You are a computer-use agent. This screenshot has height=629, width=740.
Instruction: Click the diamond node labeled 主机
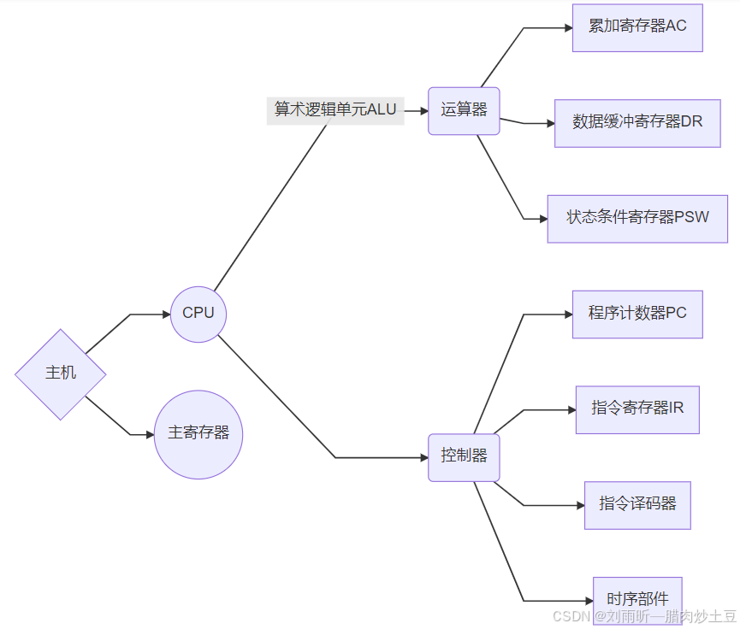coord(61,373)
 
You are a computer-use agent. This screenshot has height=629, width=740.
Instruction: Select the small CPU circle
coord(198,314)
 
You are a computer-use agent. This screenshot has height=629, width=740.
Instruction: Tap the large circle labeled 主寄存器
coord(198,433)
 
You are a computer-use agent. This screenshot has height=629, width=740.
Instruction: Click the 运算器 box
coord(464,110)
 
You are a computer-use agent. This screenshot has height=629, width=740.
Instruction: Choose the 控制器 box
coord(464,456)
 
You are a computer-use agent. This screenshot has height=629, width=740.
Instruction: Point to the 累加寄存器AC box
coord(637,26)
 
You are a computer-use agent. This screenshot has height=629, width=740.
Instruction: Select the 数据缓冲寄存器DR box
coord(637,122)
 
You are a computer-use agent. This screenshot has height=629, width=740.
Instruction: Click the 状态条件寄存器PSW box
coord(637,218)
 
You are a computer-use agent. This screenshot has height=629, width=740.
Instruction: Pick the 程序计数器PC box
coord(637,314)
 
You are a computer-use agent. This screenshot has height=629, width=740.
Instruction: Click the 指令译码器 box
coord(637,504)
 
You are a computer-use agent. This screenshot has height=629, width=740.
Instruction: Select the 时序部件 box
coord(637,599)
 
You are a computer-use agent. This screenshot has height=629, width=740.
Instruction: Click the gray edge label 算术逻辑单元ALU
coord(335,110)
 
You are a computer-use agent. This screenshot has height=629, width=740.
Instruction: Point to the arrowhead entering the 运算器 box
coord(423,111)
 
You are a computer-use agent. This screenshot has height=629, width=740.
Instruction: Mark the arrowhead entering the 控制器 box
coord(423,458)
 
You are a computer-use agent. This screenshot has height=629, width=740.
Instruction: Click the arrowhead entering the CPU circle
coord(166,314)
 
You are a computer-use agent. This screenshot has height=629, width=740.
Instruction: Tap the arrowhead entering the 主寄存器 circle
coord(150,434)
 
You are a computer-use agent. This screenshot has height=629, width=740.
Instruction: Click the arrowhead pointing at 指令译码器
coord(580,505)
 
